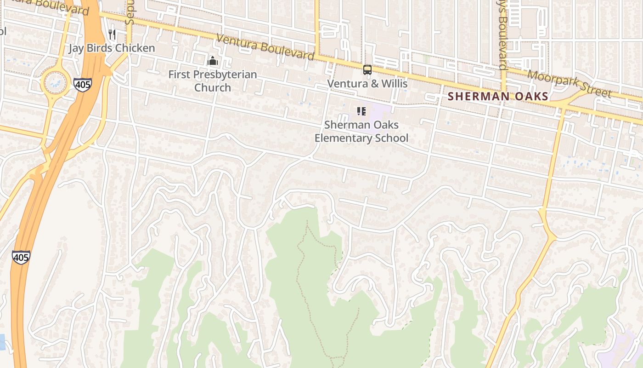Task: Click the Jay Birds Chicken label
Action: click(x=112, y=48)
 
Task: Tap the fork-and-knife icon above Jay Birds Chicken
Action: click(x=112, y=34)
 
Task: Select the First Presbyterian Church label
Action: click(x=212, y=80)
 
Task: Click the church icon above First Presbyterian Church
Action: click(x=212, y=61)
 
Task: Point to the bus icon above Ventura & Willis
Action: click(x=367, y=70)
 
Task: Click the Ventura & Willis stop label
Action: click(x=367, y=84)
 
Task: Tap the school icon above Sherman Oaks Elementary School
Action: click(x=361, y=111)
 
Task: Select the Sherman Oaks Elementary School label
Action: click(x=361, y=131)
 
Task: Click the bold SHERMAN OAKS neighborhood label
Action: click(x=498, y=96)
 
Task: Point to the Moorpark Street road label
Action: click(x=570, y=84)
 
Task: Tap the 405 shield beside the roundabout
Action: click(x=82, y=84)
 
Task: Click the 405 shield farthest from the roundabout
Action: click(x=21, y=257)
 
